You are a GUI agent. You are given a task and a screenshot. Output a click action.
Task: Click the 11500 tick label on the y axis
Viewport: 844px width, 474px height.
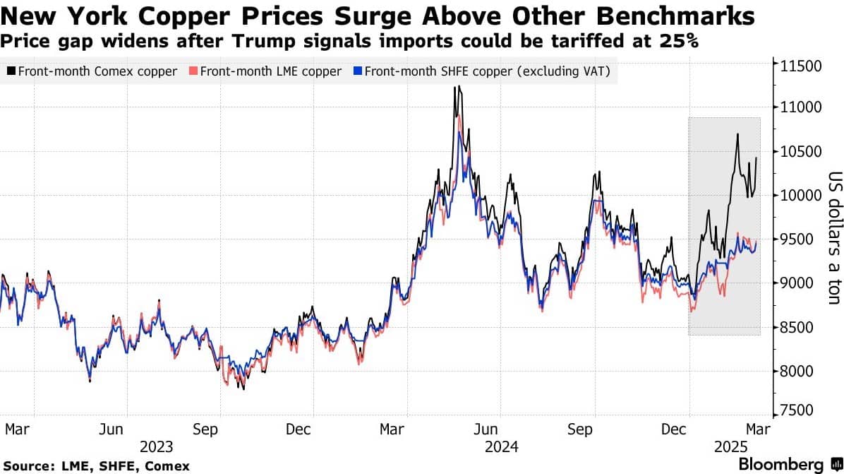pos(801,66)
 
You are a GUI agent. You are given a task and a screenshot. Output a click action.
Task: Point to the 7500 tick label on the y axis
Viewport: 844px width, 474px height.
pos(797,410)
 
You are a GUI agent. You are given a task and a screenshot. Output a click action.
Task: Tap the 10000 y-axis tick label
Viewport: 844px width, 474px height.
pos(801,195)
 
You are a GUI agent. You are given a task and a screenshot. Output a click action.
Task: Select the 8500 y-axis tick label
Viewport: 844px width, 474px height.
pos(797,327)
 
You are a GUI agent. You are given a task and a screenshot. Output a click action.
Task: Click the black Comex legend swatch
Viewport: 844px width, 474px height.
pos(11,71)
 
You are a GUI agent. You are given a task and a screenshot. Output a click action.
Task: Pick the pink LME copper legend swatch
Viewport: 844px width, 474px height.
pos(193,71)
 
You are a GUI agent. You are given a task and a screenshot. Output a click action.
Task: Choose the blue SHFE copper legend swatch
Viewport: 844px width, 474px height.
pos(357,71)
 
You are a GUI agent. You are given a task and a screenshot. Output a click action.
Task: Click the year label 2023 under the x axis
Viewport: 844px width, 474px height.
pos(156,447)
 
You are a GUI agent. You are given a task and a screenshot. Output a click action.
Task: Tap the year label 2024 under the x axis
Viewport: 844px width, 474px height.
pos(501,447)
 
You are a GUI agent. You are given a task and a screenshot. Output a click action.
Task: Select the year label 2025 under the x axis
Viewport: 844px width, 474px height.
pos(730,447)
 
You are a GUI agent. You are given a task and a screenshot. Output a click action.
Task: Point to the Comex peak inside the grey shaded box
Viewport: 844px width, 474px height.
pos(737,135)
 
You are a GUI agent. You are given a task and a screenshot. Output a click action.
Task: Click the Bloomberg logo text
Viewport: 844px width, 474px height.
pos(780,464)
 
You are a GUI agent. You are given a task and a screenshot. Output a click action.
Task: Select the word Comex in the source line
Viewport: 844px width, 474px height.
pos(167,466)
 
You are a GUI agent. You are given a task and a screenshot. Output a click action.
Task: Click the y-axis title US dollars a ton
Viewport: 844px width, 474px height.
pos(834,237)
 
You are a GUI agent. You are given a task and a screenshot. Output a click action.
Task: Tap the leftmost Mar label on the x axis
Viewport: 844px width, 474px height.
pos(17,429)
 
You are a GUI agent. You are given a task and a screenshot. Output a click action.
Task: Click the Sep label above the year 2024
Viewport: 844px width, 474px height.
pos(579,429)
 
